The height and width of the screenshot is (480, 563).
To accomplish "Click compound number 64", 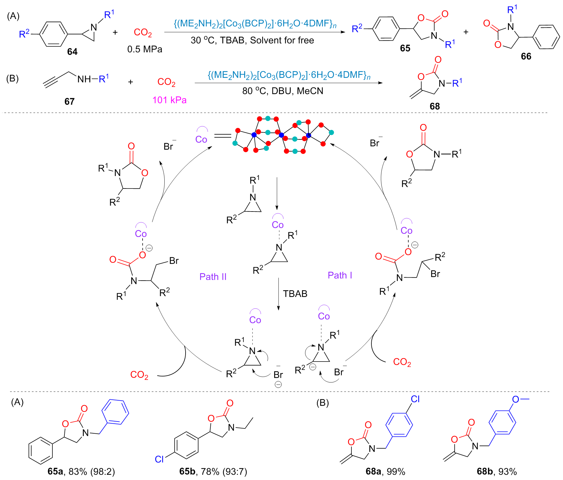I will (x=72, y=52).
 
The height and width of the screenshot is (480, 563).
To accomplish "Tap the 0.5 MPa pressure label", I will (x=145, y=49).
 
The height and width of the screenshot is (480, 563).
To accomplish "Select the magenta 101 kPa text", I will (x=170, y=100).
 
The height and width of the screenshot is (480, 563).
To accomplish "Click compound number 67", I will (x=69, y=101).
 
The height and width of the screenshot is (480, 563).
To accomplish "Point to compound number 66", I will (x=526, y=56).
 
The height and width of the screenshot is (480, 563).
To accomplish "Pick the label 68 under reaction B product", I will (x=435, y=106).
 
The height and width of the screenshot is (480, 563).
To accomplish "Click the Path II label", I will (x=213, y=277).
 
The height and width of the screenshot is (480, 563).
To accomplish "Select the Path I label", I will (x=340, y=275).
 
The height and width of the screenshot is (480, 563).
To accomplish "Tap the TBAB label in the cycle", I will (x=295, y=294).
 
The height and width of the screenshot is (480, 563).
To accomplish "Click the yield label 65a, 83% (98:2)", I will (x=81, y=472).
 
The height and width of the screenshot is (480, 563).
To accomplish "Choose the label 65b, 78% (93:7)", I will (x=213, y=472).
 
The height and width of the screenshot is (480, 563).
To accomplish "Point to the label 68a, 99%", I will (x=385, y=472).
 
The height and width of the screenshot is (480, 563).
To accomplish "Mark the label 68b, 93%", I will (x=497, y=472).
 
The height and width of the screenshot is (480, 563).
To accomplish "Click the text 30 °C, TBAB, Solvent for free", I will (x=252, y=40).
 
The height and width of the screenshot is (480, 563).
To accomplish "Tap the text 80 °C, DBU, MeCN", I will (x=283, y=91).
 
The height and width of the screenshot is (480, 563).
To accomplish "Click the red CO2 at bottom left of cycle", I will (x=139, y=375).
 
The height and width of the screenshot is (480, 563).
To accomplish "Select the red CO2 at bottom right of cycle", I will (x=402, y=362).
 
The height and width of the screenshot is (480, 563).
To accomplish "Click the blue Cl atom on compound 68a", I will (x=415, y=399).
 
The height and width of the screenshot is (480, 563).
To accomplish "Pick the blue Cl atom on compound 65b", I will (x=159, y=459).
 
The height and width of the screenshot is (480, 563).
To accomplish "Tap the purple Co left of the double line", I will (x=201, y=139).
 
